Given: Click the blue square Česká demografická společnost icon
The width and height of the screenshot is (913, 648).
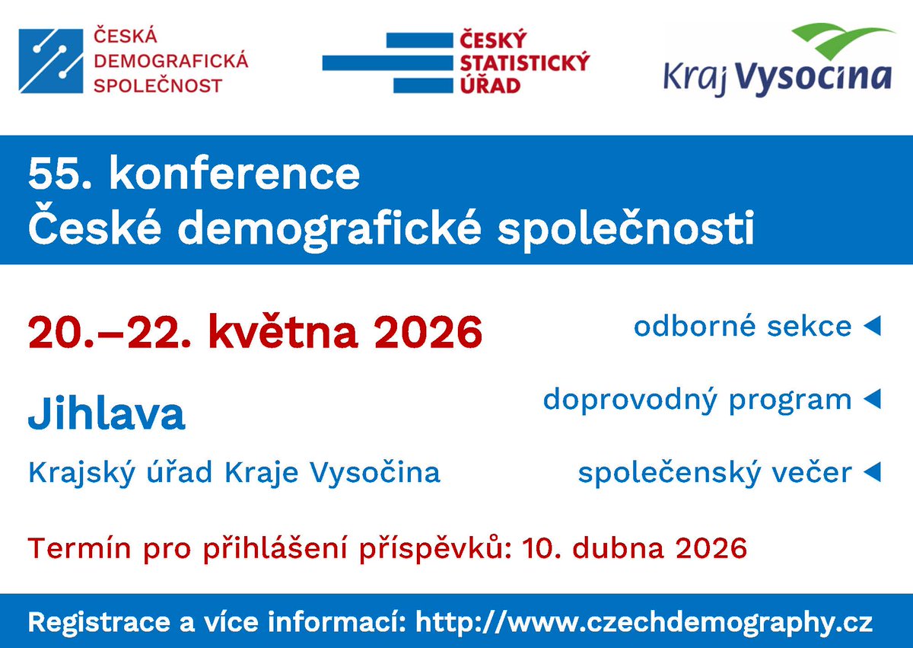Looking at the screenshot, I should pos(50,61).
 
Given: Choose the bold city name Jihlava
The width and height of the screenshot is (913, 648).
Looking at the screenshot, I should pos(107,414).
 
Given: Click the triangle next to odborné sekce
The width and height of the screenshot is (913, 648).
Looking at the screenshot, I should pos(872,327).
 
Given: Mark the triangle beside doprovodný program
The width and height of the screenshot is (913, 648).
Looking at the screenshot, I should pos(872,399).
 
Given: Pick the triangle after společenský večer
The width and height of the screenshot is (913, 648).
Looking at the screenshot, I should pos(872,473).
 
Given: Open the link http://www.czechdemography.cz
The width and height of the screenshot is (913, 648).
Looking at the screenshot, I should pos(644,622).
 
